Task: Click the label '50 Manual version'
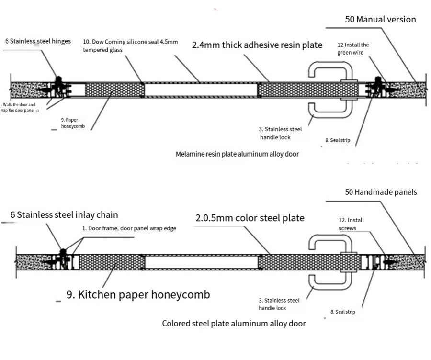click(x=380, y=20)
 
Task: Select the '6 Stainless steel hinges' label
click(x=38, y=41)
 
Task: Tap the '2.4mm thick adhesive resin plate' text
click(x=257, y=45)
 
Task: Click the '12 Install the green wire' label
click(x=353, y=48)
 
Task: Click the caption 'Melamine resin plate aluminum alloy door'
click(x=238, y=154)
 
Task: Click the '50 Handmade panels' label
click(x=381, y=192)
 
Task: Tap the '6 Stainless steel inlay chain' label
click(x=68, y=215)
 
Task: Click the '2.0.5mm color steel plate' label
click(x=250, y=218)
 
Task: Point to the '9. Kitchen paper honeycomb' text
click(x=138, y=295)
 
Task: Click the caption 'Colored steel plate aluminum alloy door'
click(x=234, y=323)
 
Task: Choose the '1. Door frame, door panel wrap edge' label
click(x=129, y=228)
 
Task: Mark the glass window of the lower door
click(x=201, y=262)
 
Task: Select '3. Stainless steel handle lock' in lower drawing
click(x=279, y=304)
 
